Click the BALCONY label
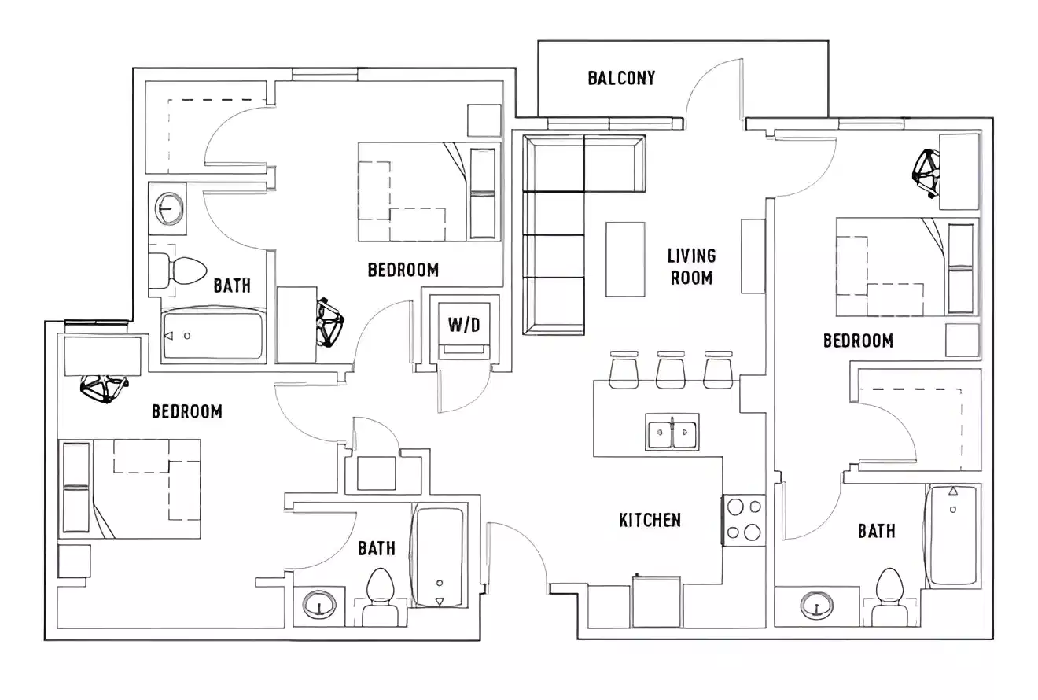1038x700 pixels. (x=621, y=78)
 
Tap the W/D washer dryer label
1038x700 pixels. (x=464, y=325)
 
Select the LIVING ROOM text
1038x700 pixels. (x=691, y=267)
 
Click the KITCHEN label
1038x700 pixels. (x=650, y=520)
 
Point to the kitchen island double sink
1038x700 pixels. (x=672, y=432)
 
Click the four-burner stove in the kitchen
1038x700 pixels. (x=744, y=520)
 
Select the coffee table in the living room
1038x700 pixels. (x=625, y=259)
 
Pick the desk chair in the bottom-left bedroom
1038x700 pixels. (x=104, y=388)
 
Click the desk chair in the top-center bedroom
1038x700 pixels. (x=329, y=321)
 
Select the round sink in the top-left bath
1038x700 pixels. (x=167, y=209)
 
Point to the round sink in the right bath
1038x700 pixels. (x=818, y=606)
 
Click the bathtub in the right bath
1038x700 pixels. (x=953, y=536)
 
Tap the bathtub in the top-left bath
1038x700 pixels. (x=212, y=335)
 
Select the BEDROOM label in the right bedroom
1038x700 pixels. (x=858, y=341)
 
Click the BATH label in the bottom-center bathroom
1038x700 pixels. (x=376, y=548)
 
